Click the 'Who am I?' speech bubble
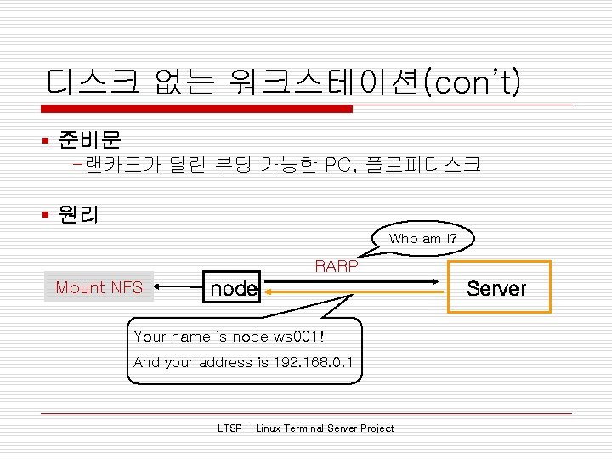tap(422, 239)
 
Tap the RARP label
tap(337, 266)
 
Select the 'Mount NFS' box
tap(99, 287)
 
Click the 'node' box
tap(234, 289)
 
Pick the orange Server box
tap(497, 289)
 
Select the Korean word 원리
tap(78, 215)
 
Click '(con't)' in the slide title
tap(475, 83)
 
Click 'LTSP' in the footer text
tap(230, 428)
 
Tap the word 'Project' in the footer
tap(377, 428)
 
